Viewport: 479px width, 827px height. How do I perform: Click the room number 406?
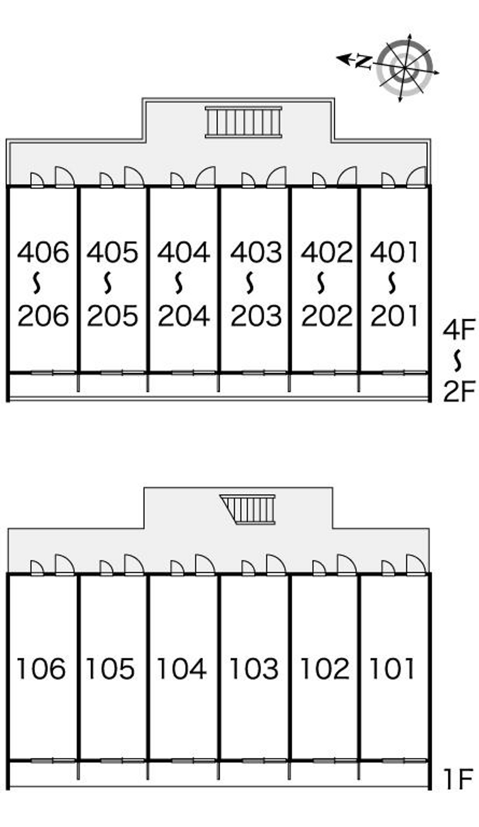[43, 252]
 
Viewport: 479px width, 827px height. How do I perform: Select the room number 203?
[256, 316]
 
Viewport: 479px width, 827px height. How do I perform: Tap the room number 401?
[394, 252]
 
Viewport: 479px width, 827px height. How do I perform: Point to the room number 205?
[113, 316]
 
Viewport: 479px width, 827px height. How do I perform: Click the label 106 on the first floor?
[41, 668]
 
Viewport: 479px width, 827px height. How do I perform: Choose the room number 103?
[254, 668]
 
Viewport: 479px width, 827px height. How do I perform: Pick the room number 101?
[392, 668]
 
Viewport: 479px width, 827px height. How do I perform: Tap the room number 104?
[182, 668]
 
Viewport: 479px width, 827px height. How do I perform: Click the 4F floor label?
[459, 330]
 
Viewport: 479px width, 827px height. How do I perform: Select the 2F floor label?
[459, 392]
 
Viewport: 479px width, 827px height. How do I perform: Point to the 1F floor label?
[459, 779]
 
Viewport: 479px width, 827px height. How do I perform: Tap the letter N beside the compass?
[363, 62]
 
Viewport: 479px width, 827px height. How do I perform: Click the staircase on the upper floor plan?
[244, 122]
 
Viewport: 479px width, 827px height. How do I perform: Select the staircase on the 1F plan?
[248, 510]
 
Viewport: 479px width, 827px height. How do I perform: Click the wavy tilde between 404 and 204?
[178, 283]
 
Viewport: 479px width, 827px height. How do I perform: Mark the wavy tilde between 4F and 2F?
[458, 361]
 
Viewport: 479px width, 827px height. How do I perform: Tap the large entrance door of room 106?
[65, 565]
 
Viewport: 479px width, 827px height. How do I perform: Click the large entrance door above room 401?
[417, 177]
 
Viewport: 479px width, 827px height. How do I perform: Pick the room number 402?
[327, 252]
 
